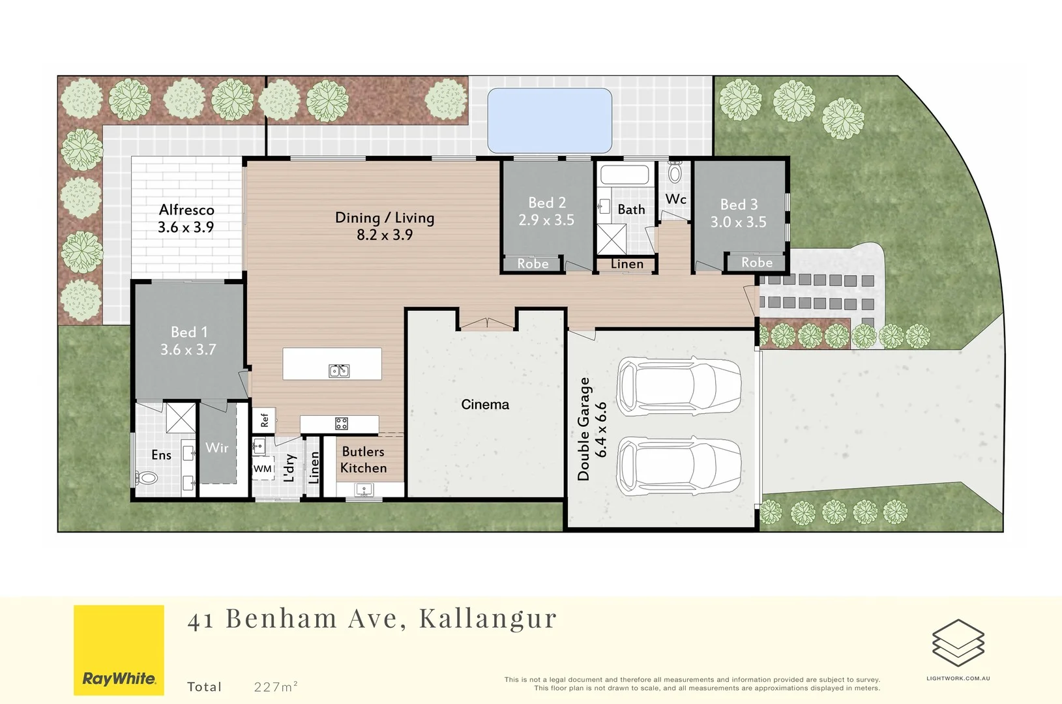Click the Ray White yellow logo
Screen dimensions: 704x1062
[119, 650]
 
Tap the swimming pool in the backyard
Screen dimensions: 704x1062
[550, 121]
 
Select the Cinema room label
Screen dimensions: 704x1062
[485, 405]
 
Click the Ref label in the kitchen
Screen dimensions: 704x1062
[265, 420]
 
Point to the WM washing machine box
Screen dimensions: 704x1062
[263, 469]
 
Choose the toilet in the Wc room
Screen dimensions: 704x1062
[675, 173]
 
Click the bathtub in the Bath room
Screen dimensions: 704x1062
[625, 175]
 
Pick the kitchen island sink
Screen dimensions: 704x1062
[339, 371]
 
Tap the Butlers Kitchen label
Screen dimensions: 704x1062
[363, 460]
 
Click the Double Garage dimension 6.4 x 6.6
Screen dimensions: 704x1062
[601, 429]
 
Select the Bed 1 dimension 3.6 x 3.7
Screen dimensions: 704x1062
[188, 350]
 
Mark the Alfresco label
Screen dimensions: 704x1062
[186, 210]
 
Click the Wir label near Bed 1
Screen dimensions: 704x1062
[217, 448]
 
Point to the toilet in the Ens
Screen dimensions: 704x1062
[147, 478]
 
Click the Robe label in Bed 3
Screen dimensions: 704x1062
[756, 263]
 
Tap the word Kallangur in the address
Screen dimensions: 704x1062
[488, 619]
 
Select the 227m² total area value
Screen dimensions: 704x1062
[276, 686]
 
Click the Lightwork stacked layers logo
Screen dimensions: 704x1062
[958, 643]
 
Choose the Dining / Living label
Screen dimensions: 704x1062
[385, 218]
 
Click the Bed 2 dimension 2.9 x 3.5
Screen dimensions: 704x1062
[546, 220]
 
